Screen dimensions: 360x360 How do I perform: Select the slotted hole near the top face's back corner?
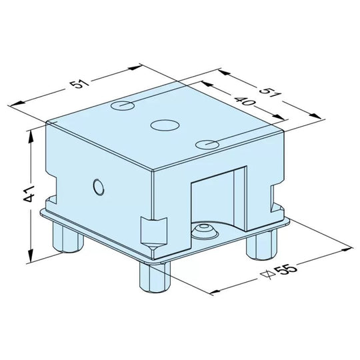pyautogui.click(x=122, y=105)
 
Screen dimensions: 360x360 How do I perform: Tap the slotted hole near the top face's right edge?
pyautogui.click(x=208, y=143)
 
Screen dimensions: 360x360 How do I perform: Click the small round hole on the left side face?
pyautogui.click(x=98, y=187)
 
